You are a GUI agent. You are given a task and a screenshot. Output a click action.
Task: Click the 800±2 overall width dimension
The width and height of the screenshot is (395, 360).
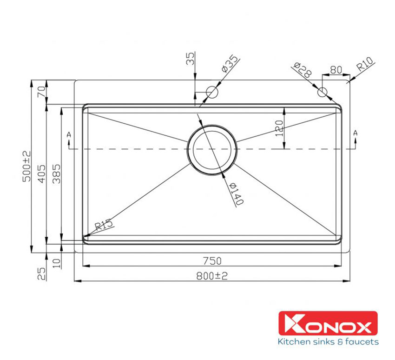pyautogui.click(x=212, y=276)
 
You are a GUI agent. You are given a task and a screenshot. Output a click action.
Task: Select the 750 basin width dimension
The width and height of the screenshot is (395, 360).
pyautogui.click(x=212, y=260)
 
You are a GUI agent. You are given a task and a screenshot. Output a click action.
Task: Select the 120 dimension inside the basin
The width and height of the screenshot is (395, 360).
pyautogui.click(x=279, y=127)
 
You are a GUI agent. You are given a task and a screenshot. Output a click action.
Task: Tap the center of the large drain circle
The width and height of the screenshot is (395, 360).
pyautogui.click(x=212, y=149)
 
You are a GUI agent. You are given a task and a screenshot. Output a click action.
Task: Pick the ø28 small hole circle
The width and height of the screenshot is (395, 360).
pyautogui.click(x=323, y=92)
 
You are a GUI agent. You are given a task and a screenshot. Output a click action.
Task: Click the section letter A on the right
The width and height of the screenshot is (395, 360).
pyautogui.click(x=355, y=133)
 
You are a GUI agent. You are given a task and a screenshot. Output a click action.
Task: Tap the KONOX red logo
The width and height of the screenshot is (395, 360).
pyautogui.click(x=328, y=323)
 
